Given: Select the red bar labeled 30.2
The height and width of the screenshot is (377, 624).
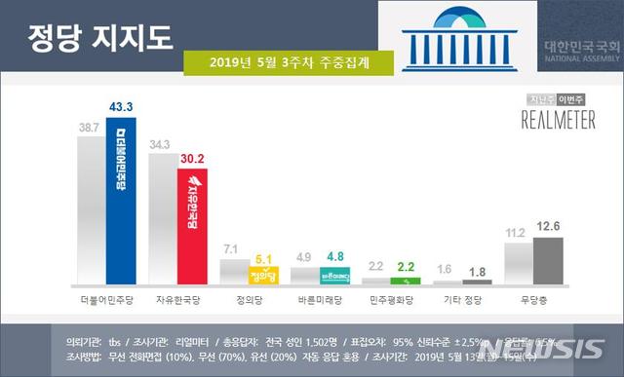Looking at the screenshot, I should point(192,225).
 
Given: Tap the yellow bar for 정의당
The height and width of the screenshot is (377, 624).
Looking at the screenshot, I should point(263,275).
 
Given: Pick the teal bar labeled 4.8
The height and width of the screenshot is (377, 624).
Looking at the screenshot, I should point(334,275).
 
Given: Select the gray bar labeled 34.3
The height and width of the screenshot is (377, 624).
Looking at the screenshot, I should point(162,217).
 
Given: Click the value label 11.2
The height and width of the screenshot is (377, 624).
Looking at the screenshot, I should point(515,232).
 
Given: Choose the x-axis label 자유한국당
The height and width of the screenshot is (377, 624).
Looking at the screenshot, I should point(177,299).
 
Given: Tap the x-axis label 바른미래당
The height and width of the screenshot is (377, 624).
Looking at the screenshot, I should point(319,299).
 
